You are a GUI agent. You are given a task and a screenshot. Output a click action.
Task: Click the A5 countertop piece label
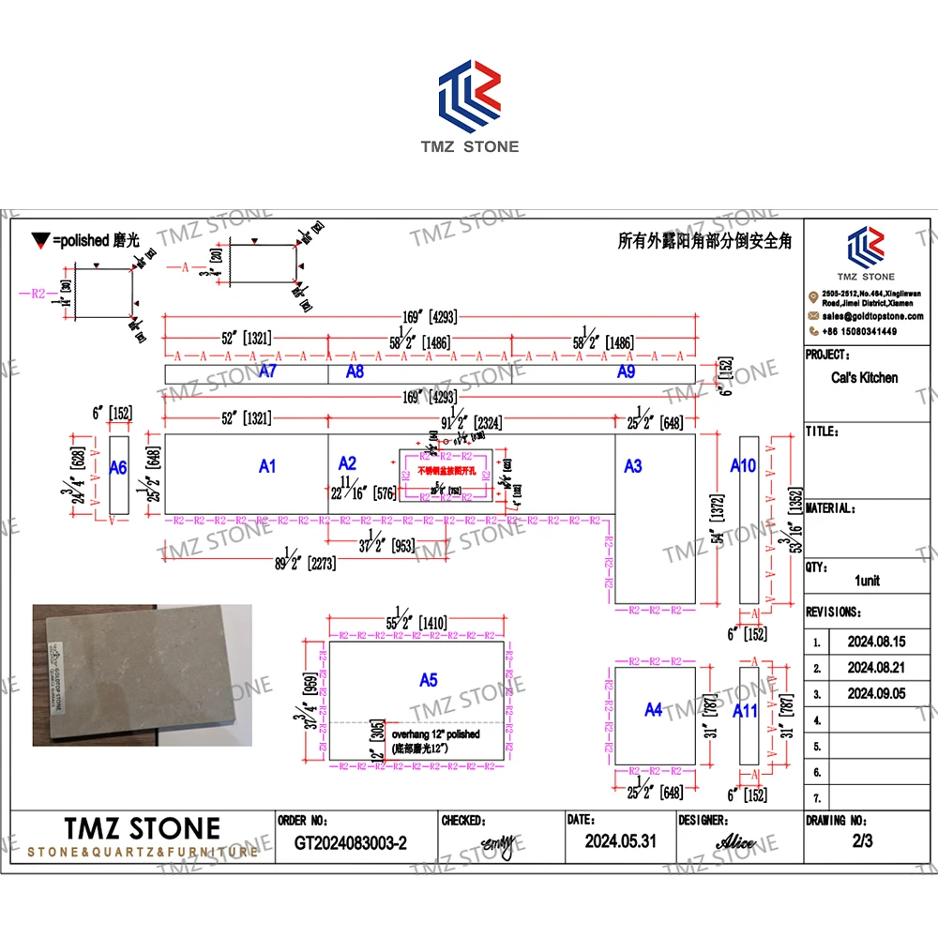[428, 680]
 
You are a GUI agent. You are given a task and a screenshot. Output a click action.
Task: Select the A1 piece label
[267, 465]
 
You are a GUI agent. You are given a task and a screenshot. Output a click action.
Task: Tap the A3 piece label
[633, 465]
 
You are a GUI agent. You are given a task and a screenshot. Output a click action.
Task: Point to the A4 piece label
[654, 710]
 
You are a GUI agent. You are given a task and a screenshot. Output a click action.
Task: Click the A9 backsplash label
[627, 372]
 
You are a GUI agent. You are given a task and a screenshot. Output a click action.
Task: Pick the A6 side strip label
[118, 467]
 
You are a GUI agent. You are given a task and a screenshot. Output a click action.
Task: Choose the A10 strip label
[743, 465]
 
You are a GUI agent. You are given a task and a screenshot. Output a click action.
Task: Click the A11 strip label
[745, 710]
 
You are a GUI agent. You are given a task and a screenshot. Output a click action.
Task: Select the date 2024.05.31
[620, 841]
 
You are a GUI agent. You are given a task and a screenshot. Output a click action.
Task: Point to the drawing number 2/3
[862, 841]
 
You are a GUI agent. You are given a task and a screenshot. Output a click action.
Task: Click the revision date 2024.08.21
[875, 668]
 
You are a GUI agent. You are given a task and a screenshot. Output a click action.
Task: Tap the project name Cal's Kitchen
[865, 378]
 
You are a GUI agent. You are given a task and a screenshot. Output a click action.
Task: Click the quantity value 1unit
[867, 581]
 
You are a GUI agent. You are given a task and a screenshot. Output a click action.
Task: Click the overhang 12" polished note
[435, 734]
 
